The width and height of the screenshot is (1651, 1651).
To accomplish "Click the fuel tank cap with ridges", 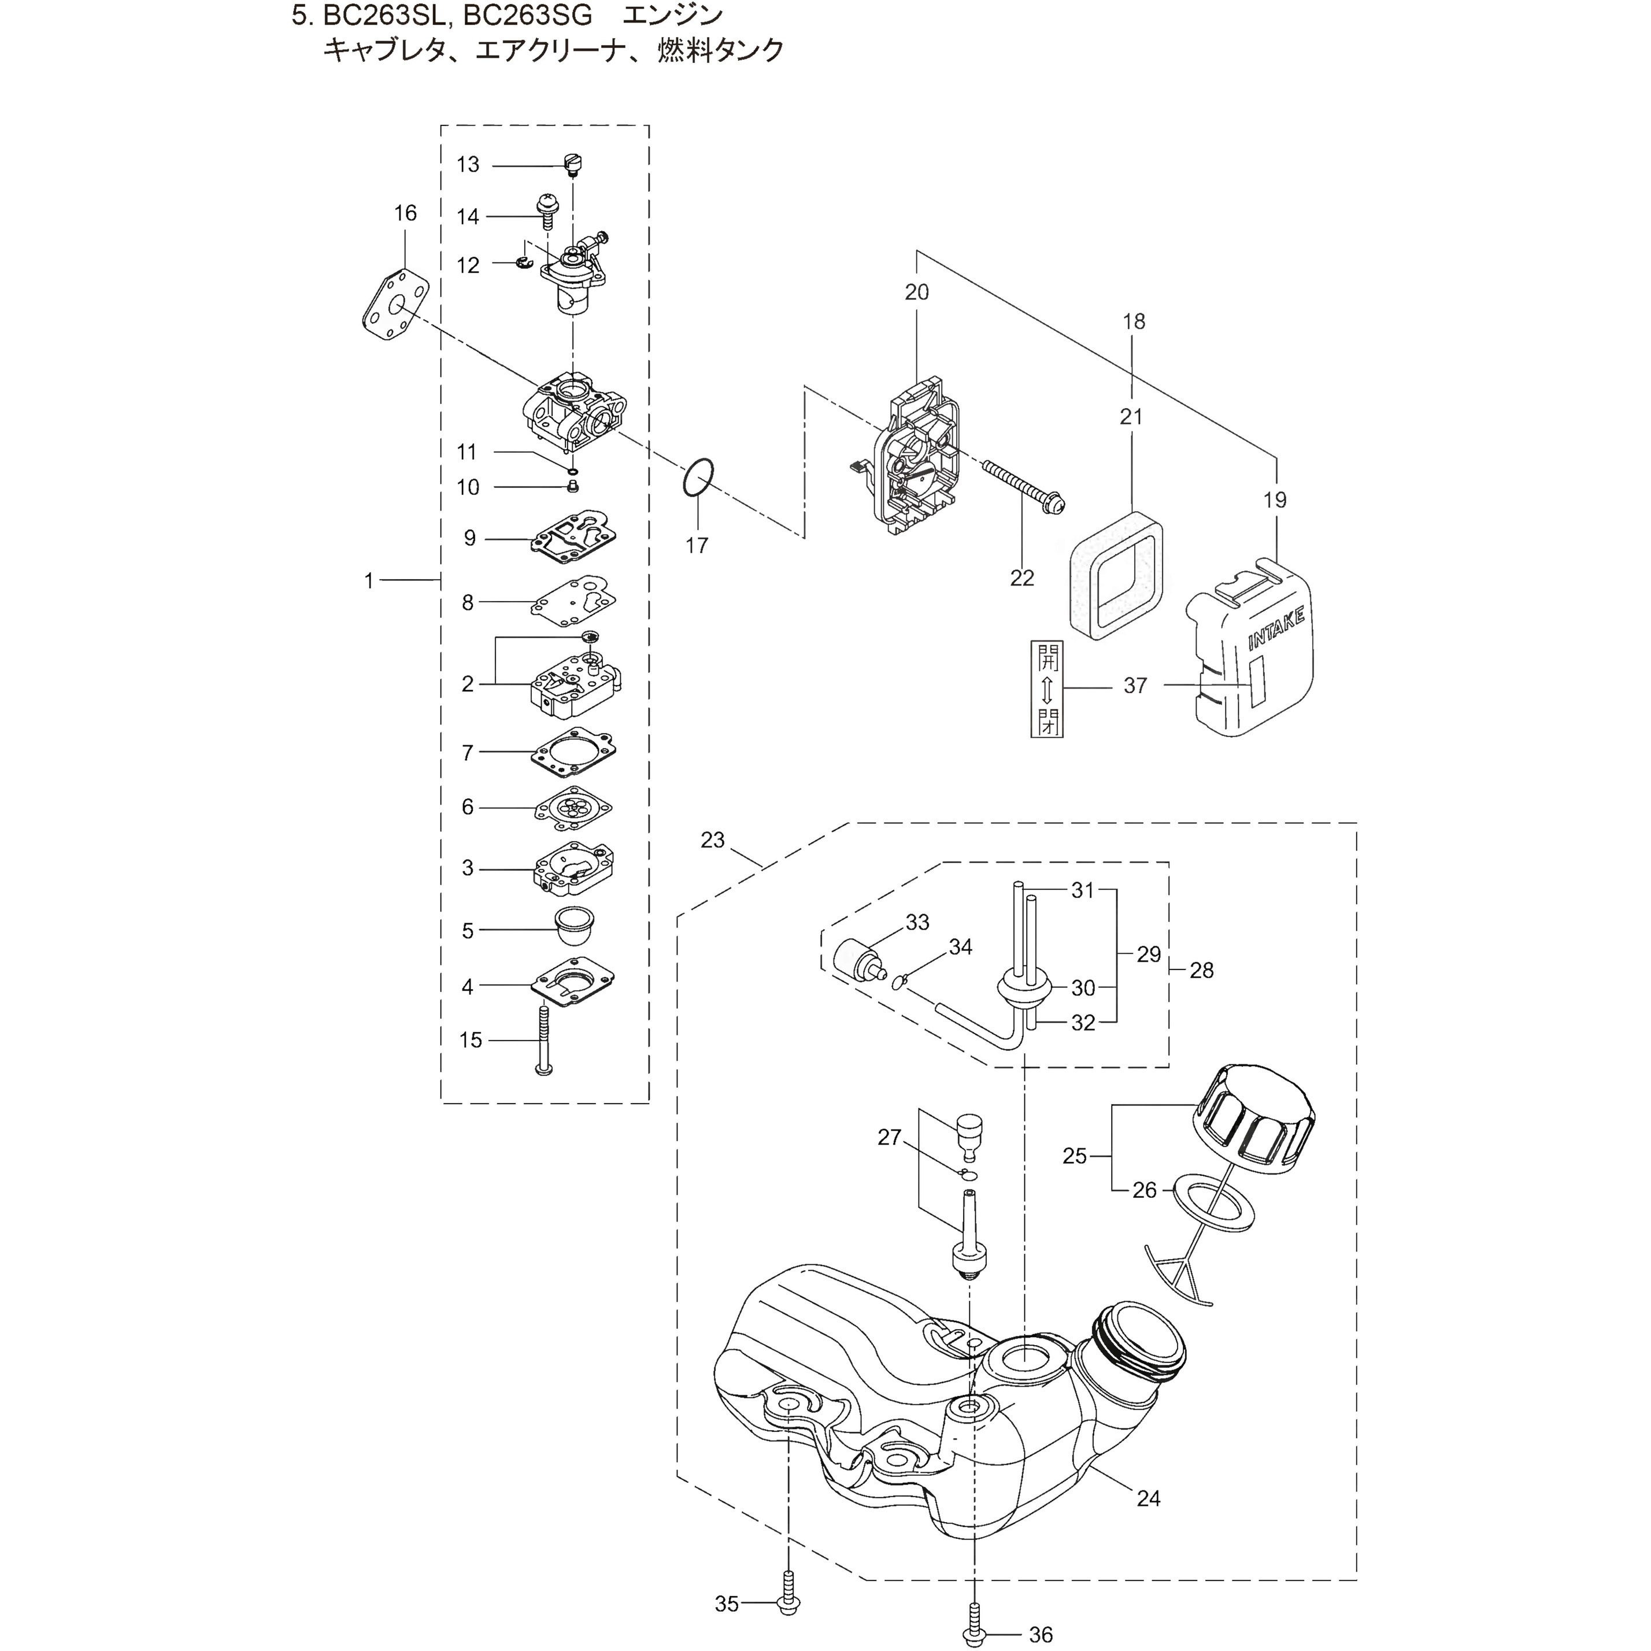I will pyautogui.click(x=1256, y=1118).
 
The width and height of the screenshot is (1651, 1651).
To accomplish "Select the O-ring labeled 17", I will pyautogui.click(x=698, y=477).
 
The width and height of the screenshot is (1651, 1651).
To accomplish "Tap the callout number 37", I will pyautogui.click(x=1135, y=686).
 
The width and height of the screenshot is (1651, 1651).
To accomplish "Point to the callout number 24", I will pyautogui.click(x=1149, y=1498).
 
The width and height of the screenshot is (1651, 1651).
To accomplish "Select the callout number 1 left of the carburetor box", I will pyautogui.click(x=369, y=581).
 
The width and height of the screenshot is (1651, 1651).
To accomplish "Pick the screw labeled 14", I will pyautogui.click(x=543, y=208).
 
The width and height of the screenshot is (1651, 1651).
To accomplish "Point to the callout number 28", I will pyautogui.click(x=1201, y=970).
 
